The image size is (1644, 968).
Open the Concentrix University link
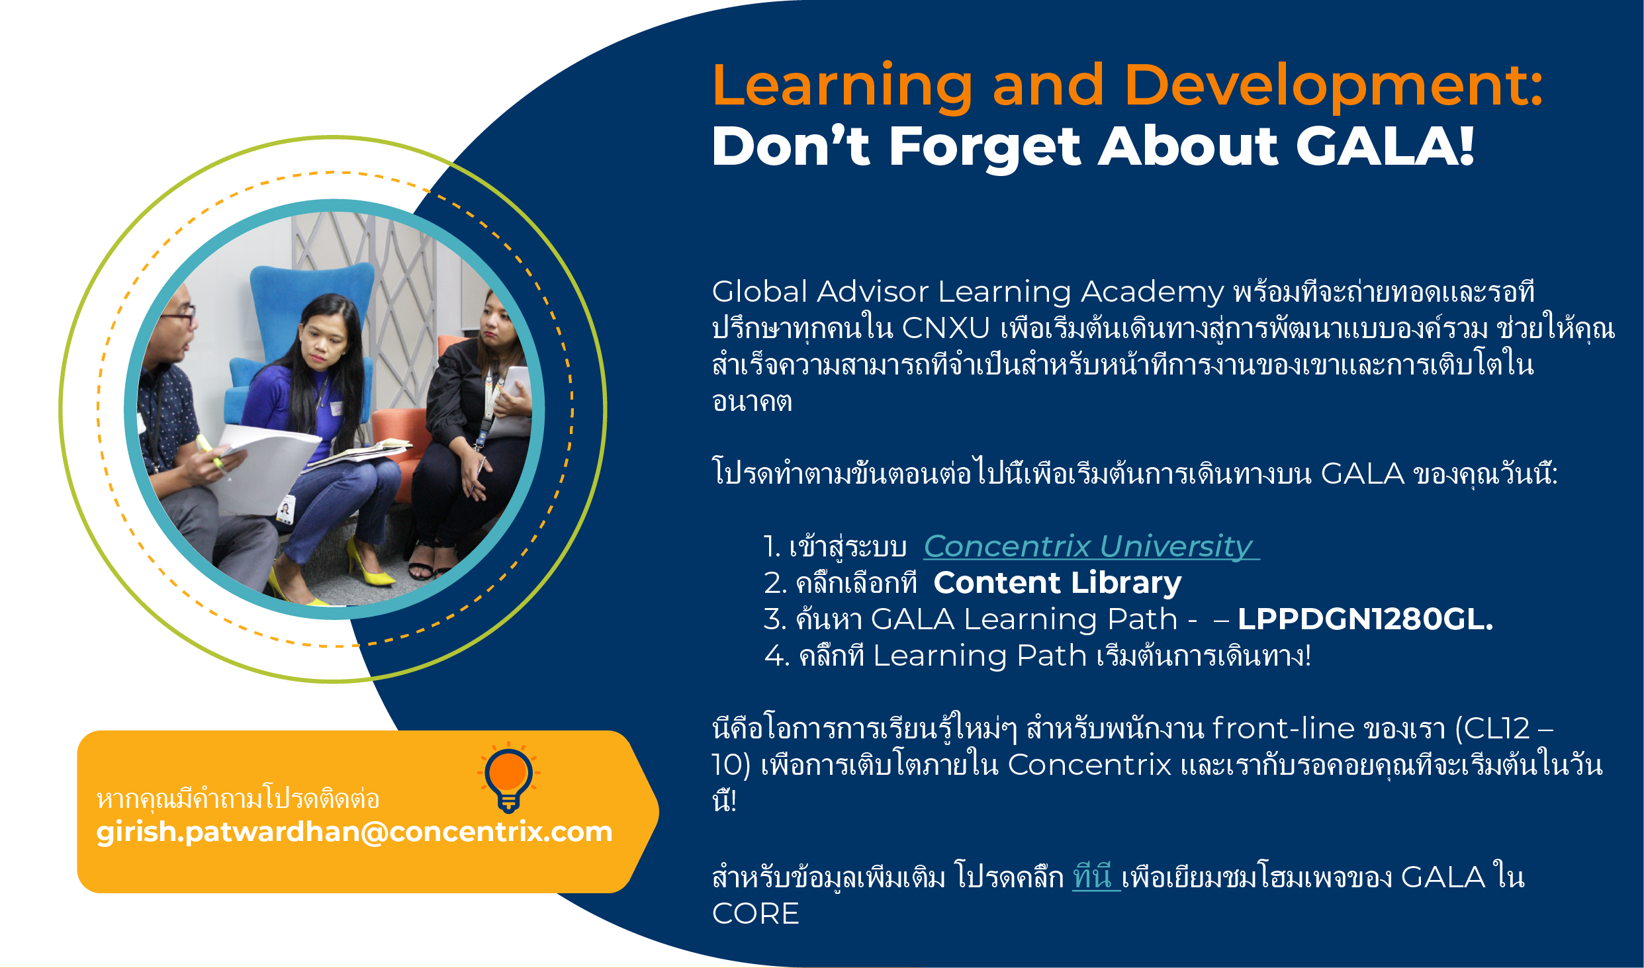tap(1091, 547)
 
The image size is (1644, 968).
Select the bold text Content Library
tap(1057, 583)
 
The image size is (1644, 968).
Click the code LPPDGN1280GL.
tap(1365, 619)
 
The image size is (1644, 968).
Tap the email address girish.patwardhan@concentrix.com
tap(354, 832)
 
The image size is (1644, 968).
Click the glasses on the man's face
tap(177, 315)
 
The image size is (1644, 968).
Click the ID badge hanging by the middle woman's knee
tap(285, 509)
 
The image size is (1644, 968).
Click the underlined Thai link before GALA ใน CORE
tap(1096, 877)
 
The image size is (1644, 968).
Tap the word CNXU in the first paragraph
tap(945, 328)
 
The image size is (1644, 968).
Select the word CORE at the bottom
tap(756, 914)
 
